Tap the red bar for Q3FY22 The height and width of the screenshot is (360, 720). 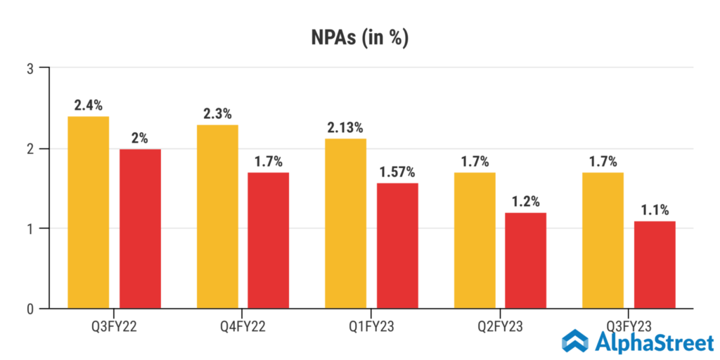point(140,229)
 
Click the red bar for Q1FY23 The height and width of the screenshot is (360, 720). point(397,245)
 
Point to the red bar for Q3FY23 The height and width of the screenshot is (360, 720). point(655,264)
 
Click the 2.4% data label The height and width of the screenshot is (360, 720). point(89,105)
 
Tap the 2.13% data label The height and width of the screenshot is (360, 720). point(345,127)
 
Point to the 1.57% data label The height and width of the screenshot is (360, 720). point(397,172)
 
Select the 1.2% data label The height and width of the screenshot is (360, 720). point(526,202)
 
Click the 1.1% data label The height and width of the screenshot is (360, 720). point(655,210)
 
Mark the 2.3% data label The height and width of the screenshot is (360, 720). point(217,114)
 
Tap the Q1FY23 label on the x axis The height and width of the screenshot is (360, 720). point(371,326)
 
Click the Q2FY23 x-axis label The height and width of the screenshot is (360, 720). point(500,326)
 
